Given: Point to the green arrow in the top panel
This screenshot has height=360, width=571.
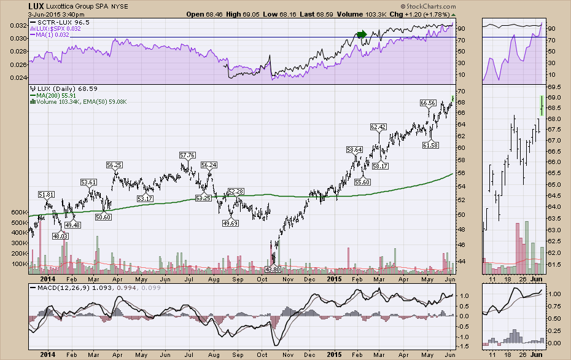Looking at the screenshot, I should point(362,34).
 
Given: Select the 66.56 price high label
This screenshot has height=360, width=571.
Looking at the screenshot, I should point(429,103).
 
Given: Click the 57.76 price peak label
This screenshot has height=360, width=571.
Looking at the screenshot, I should point(187,155).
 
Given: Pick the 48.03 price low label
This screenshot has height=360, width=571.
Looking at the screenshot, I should point(59,236).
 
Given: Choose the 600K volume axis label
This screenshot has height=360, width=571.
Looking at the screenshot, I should point(18,213).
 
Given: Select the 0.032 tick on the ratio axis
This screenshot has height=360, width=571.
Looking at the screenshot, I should point(19,26).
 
